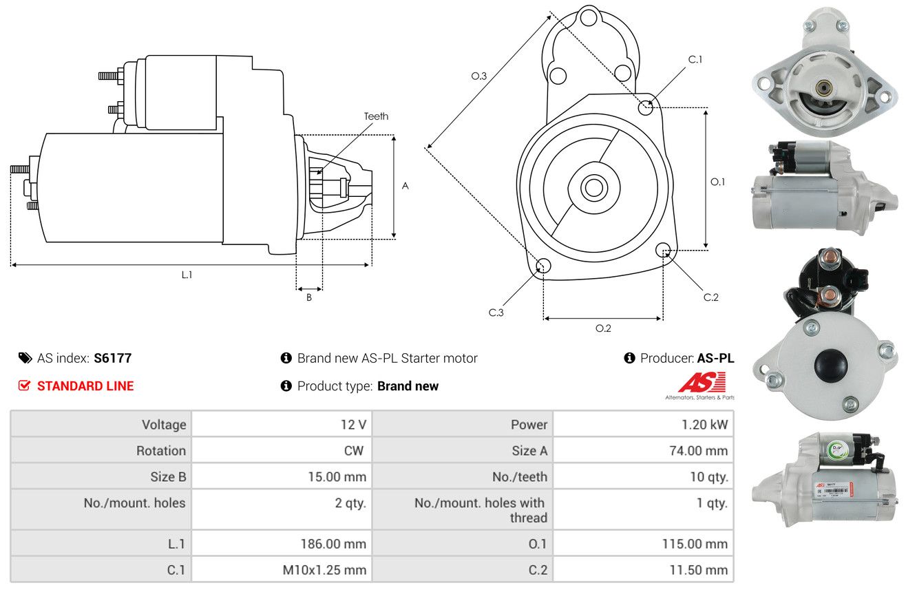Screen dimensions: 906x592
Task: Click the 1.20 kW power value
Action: point(704,425)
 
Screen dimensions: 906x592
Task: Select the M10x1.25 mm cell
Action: point(324,570)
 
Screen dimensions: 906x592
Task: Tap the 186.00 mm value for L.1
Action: point(333,544)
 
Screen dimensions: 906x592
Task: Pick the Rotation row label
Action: point(161,450)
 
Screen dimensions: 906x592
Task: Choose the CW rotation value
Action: point(353,450)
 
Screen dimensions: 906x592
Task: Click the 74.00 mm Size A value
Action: point(699,450)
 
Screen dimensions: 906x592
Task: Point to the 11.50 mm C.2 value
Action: point(699,570)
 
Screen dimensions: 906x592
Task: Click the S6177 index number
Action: point(112,358)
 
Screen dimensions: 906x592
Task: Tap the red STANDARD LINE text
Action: point(85,385)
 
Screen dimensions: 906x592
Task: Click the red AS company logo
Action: point(702,383)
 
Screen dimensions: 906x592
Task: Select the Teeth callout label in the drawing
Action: point(376,116)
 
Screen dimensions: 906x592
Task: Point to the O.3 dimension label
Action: point(479,76)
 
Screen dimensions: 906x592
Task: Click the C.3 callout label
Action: point(496,313)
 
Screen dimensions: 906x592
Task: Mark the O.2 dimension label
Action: point(603,328)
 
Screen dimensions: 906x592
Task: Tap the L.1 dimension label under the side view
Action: point(187,275)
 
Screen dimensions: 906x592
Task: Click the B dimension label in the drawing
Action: point(309,297)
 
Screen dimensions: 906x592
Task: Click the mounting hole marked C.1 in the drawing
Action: point(645,107)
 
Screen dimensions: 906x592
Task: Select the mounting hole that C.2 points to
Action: point(662,250)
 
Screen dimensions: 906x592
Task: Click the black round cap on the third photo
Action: point(831,366)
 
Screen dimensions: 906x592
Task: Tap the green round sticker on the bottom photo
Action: point(837,450)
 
